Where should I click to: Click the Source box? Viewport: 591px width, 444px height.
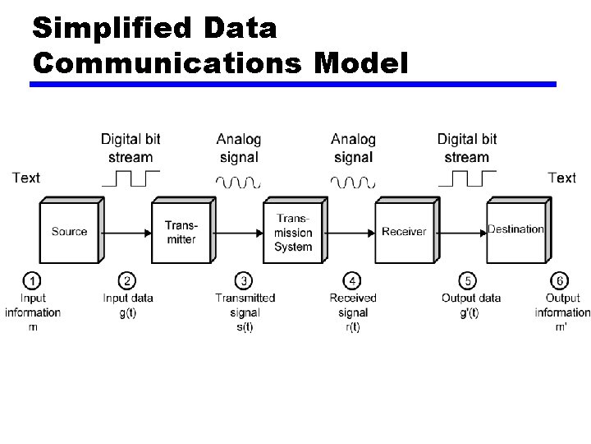point(69,232)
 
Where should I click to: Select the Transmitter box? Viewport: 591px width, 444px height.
point(181,232)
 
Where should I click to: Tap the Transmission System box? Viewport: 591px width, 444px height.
point(293,232)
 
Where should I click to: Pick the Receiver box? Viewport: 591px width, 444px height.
point(404,232)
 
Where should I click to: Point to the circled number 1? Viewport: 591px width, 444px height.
point(33,281)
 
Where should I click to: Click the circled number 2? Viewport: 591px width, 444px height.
point(127,281)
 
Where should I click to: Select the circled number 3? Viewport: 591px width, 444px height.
point(244,281)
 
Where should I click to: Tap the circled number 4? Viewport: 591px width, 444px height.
point(353,281)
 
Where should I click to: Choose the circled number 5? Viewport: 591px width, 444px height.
point(467,281)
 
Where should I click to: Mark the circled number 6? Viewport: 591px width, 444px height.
point(561,281)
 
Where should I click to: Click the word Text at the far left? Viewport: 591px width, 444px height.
point(25,178)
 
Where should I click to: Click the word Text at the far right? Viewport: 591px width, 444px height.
point(562,178)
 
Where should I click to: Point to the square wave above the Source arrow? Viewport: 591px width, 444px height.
point(131,178)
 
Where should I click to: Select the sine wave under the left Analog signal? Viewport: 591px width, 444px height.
point(238,181)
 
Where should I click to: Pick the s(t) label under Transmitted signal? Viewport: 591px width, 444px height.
point(245,326)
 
